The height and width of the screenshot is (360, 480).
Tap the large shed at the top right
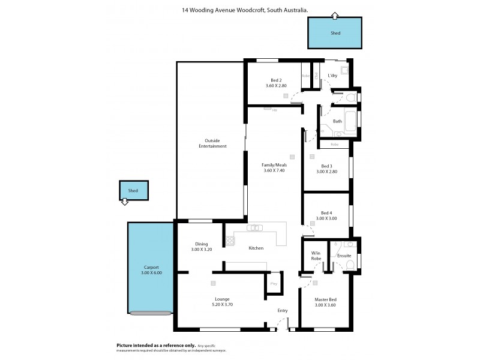(335, 33)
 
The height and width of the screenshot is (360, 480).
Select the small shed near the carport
(133, 191)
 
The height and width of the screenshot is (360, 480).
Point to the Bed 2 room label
(276, 83)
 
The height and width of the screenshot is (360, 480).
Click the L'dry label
(332, 76)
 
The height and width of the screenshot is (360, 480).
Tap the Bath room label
(337, 121)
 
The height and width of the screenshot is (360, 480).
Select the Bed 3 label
(327, 169)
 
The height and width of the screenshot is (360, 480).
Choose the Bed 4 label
(327, 215)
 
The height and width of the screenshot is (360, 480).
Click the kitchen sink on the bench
(256, 227)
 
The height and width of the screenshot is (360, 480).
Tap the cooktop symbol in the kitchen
(229, 241)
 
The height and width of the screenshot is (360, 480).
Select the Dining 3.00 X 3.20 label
(201, 247)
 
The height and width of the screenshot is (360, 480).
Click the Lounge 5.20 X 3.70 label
(223, 301)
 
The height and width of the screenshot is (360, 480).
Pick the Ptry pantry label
(274, 283)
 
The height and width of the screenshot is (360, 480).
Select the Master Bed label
(326, 302)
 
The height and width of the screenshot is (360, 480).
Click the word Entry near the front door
(283, 311)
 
